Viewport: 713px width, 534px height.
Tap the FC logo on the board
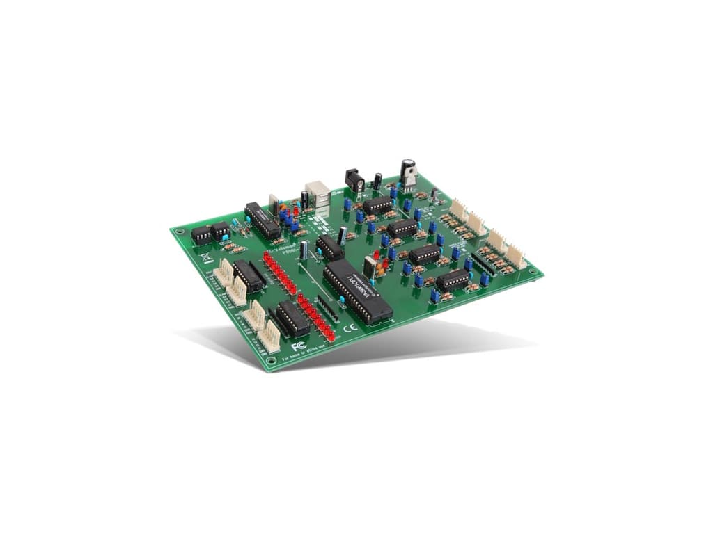click(299, 346)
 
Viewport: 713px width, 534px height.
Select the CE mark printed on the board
click(352, 327)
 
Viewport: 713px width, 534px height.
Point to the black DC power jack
click(355, 181)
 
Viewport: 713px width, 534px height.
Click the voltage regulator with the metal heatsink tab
click(408, 173)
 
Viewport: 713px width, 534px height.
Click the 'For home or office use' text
click(309, 353)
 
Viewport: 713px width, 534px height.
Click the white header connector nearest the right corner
click(516, 257)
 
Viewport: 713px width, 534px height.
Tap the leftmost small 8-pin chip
click(201, 235)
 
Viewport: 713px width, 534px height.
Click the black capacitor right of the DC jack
click(377, 181)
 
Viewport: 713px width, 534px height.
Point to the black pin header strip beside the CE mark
click(328, 308)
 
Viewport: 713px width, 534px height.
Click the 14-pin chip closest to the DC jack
click(377, 205)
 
